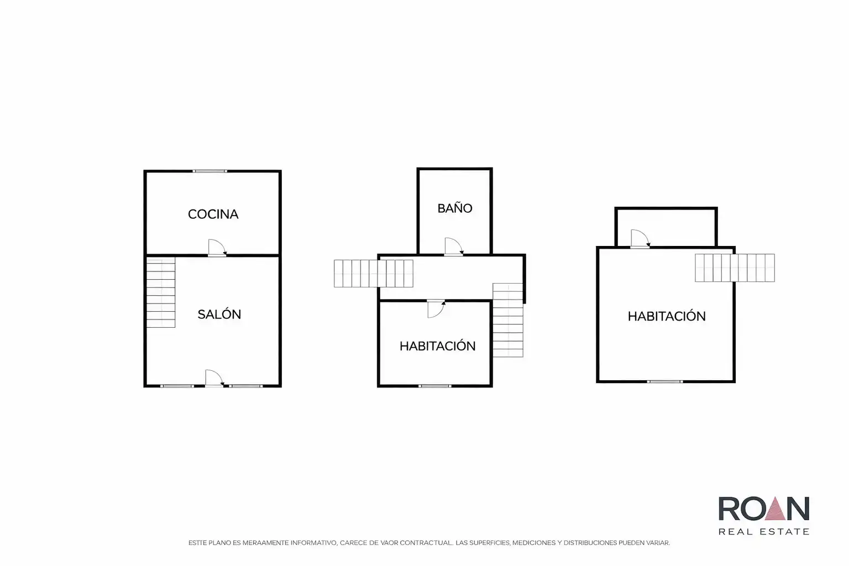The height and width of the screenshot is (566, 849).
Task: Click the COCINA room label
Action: tap(213, 214)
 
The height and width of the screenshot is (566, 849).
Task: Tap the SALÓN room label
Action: tap(219, 314)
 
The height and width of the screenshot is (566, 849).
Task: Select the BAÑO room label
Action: tap(455, 208)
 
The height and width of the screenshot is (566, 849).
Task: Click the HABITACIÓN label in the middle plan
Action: tap(437, 346)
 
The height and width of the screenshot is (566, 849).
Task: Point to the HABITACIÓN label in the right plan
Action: tap(667, 316)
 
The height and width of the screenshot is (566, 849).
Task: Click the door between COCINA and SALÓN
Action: tap(217, 248)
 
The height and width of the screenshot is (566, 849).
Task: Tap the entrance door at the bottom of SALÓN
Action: tap(214, 378)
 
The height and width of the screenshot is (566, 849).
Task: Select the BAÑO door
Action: tap(454, 247)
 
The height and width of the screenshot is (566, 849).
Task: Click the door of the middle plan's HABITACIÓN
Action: tap(436, 309)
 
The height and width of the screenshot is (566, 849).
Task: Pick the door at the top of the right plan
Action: tap(640, 239)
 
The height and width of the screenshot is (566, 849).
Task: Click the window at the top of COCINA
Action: tap(209, 171)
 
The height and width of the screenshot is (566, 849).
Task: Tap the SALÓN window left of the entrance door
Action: tap(177, 386)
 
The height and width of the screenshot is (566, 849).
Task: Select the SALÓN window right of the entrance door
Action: tap(245, 386)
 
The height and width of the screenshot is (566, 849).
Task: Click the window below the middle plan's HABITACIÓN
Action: tap(435, 386)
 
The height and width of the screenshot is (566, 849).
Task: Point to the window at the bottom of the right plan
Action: tap(665, 381)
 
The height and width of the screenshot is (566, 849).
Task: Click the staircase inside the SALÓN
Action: tap(161, 292)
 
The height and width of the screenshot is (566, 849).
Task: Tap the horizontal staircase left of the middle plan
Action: tap(373, 274)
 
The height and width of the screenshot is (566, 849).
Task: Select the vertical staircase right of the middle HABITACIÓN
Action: tap(508, 321)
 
